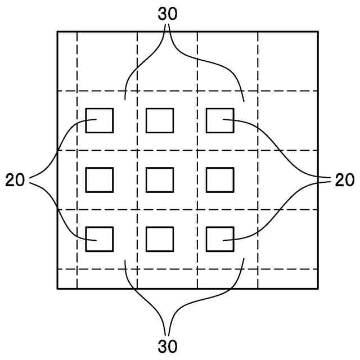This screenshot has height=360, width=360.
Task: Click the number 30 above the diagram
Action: (x=168, y=14)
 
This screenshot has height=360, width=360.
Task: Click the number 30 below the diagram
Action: (x=168, y=344)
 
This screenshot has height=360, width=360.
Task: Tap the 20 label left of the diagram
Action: (x=16, y=180)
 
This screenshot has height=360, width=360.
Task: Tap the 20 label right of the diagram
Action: (x=344, y=180)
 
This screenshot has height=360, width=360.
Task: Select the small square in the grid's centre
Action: (x=160, y=180)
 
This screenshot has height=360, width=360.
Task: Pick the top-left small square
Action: (x=100, y=120)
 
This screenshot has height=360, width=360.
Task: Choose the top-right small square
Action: (x=220, y=120)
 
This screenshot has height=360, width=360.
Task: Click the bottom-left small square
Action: (x=100, y=239)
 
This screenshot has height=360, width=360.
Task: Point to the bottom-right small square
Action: (x=220, y=239)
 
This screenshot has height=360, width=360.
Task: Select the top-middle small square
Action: (x=160, y=120)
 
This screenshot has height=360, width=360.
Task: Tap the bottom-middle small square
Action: (x=160, y=239)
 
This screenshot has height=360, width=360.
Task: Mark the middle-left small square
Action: (x=100, y=180)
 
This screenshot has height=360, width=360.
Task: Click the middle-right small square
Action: (x=220, y=180)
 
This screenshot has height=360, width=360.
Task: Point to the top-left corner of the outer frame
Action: (x=57, y=31)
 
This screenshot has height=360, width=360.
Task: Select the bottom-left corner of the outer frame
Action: (x=57, y=289)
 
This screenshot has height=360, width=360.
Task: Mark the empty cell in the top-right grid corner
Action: (x=287, y=61)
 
